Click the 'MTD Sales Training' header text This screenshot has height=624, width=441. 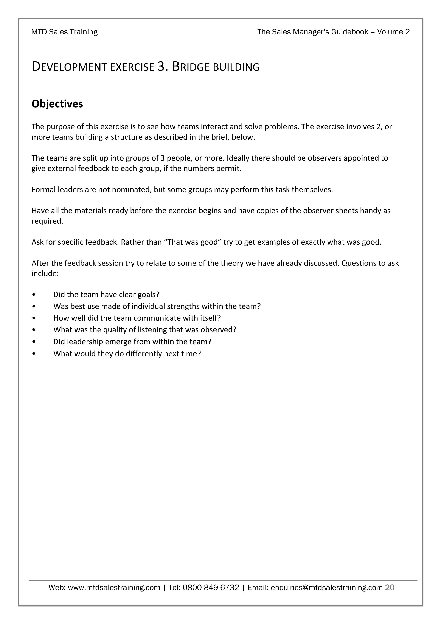tap(64, 32)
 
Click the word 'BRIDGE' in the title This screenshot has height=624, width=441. tap(191, 67)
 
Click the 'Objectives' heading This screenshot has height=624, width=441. tap(57, 104)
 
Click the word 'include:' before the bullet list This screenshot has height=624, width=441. tap(45, 274)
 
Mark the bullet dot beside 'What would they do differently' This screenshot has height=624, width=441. tap(33, 354)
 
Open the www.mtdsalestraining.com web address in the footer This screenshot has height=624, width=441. tap(114, 588)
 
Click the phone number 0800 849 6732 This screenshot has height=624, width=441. tap(211, 588)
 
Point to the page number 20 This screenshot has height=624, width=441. tap(390, 588)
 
